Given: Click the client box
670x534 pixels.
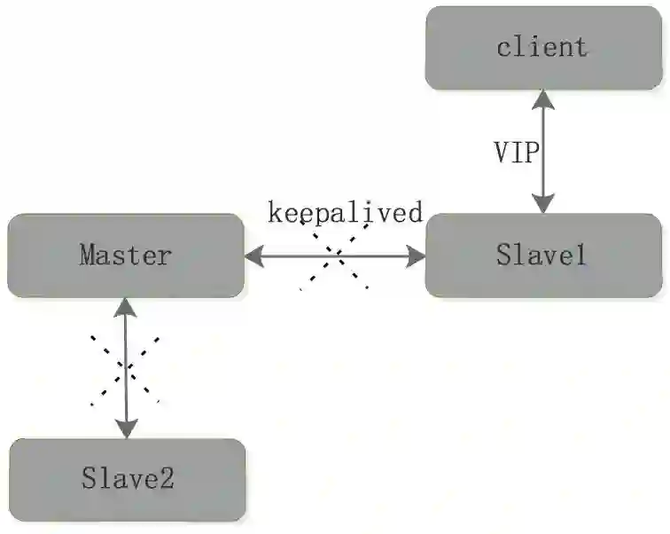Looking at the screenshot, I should point(543,48).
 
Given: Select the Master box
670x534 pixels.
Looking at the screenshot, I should point(125,255).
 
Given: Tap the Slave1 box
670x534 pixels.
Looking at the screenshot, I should point(543,255).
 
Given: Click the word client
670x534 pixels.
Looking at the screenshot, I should point(542,46).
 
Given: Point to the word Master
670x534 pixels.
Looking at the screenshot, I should point(125,255).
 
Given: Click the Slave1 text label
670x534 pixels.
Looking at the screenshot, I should point(541,255).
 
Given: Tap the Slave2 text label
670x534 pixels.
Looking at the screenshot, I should point(128,480).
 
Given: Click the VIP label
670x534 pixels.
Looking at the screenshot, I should point(515,152).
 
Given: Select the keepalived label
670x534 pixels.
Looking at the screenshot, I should point(346,213).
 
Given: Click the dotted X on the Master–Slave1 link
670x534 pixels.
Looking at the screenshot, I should point(334,256).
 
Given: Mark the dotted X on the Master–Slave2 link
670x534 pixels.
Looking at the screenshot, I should point(127,368).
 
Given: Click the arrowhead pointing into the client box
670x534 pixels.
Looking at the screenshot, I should point(543,98).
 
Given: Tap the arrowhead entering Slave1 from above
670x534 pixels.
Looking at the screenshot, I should point(543,205).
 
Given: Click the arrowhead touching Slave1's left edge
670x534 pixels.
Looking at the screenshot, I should point(416,257).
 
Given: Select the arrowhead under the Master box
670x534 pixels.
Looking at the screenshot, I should point(127,306).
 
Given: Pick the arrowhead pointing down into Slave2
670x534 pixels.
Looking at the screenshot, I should point(127,429).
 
